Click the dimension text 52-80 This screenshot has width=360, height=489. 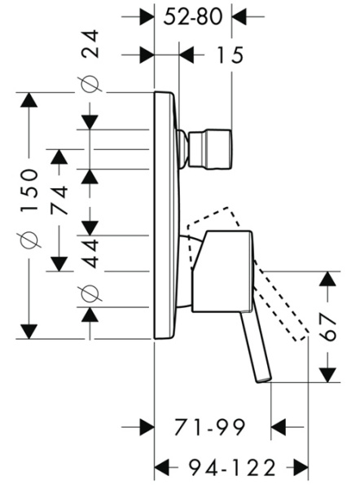pyautogui.click(x=195, y=15)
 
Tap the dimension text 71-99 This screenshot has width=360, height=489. pyautogui.click(x=211, y=427)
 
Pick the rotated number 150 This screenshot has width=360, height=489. pyautogui.click(x=30, y=190)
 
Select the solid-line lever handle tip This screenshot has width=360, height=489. pyautogui.click(x=261, y=377)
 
